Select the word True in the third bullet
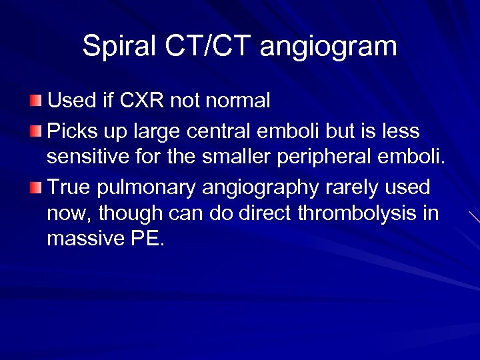coord(69,188)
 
